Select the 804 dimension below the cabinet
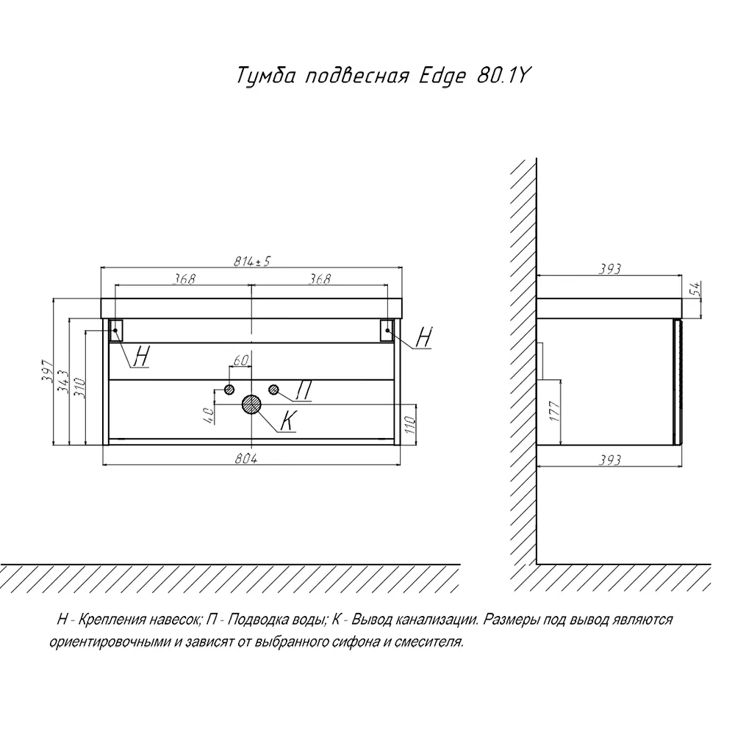pos(246,459)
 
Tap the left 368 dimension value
pos(183,279)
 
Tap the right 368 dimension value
pos(320,279)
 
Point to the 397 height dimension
pos(49,370)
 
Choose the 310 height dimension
pos(80,387)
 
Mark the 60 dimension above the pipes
pos(240,360)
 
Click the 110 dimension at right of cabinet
pos(409,425)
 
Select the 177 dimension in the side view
pos(555,411)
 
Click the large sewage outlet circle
pos(251,404)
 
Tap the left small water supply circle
pos(229,389)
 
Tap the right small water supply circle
pos(274,389)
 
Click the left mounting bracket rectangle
pos(116,330)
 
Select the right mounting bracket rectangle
pos(387,330)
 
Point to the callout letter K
pos(288,420)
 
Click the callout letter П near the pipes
pos(304,390)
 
